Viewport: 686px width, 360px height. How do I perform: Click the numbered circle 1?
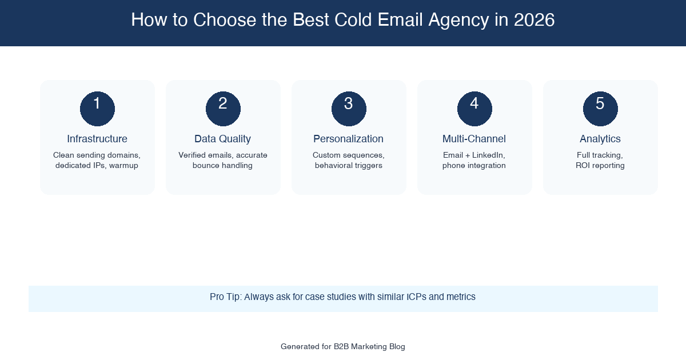click(x=97, y=109)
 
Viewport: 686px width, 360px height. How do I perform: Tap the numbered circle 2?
click(x=223, y=109)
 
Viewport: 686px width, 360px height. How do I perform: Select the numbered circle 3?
click(x=349, y=109)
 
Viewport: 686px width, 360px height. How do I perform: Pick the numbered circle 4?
click(x=474, y=109)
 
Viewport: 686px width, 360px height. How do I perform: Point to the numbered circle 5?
click(x=600, y=109)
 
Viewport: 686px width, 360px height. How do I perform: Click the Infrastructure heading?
click(x=97, y=139)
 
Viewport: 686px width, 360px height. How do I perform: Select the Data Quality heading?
click(x=223, y=139)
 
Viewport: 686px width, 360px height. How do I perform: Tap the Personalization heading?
click(x=349, y=139)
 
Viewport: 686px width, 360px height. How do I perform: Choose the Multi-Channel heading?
click(x=474, y=139)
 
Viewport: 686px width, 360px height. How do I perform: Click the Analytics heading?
click(x=600, y=139)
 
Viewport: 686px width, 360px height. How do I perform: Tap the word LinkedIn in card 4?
click(x=489, y=155)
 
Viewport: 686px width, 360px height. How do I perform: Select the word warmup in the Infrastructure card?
click(x=124, y=166)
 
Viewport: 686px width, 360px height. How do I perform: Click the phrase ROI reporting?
click(x=600, y=166)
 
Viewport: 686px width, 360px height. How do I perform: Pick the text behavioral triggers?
click(x=349, y=166)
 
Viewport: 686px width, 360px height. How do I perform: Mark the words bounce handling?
click(x=223, y=166)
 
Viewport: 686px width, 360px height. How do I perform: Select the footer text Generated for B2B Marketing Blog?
click(x=343, y=347)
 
